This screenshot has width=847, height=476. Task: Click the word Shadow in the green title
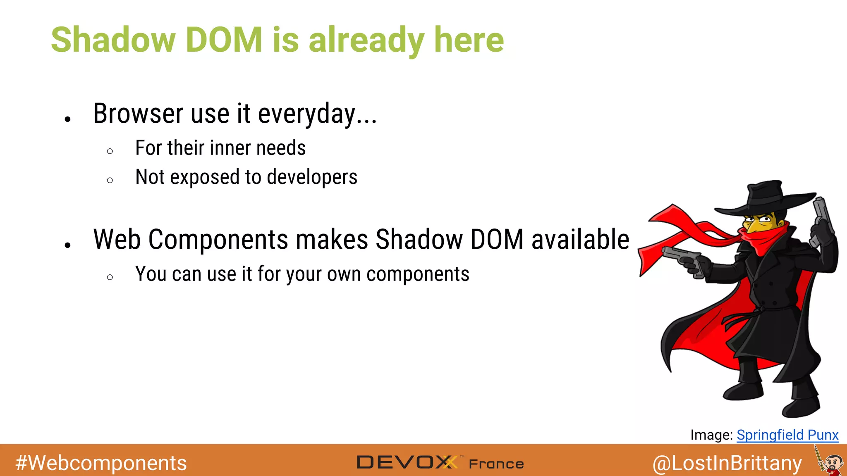pyautogui.click(x=113, y=40)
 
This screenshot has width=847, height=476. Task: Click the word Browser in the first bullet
pyautogui.click(x=138, y=114)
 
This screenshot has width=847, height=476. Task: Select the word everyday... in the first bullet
pyautogui.click(x=317, y=114)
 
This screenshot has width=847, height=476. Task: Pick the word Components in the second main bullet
pyautogui.click(x=218, y=240)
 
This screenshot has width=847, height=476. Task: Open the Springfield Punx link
pyautogui.click(x=787, y=435)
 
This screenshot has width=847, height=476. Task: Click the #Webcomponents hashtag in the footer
pyautogui.click(x=101, y=463)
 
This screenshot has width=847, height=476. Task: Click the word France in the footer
pyautogui.click(x=496, y=464)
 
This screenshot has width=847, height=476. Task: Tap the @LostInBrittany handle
pyautogui.click(x=727, y=463)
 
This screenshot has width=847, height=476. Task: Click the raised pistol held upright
pyautogui.click(x=821, y=215)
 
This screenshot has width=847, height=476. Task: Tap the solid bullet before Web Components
pyautogui.click(x=68, y=245)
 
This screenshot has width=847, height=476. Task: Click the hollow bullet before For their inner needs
pyautogui.click(x=110, y=151)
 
